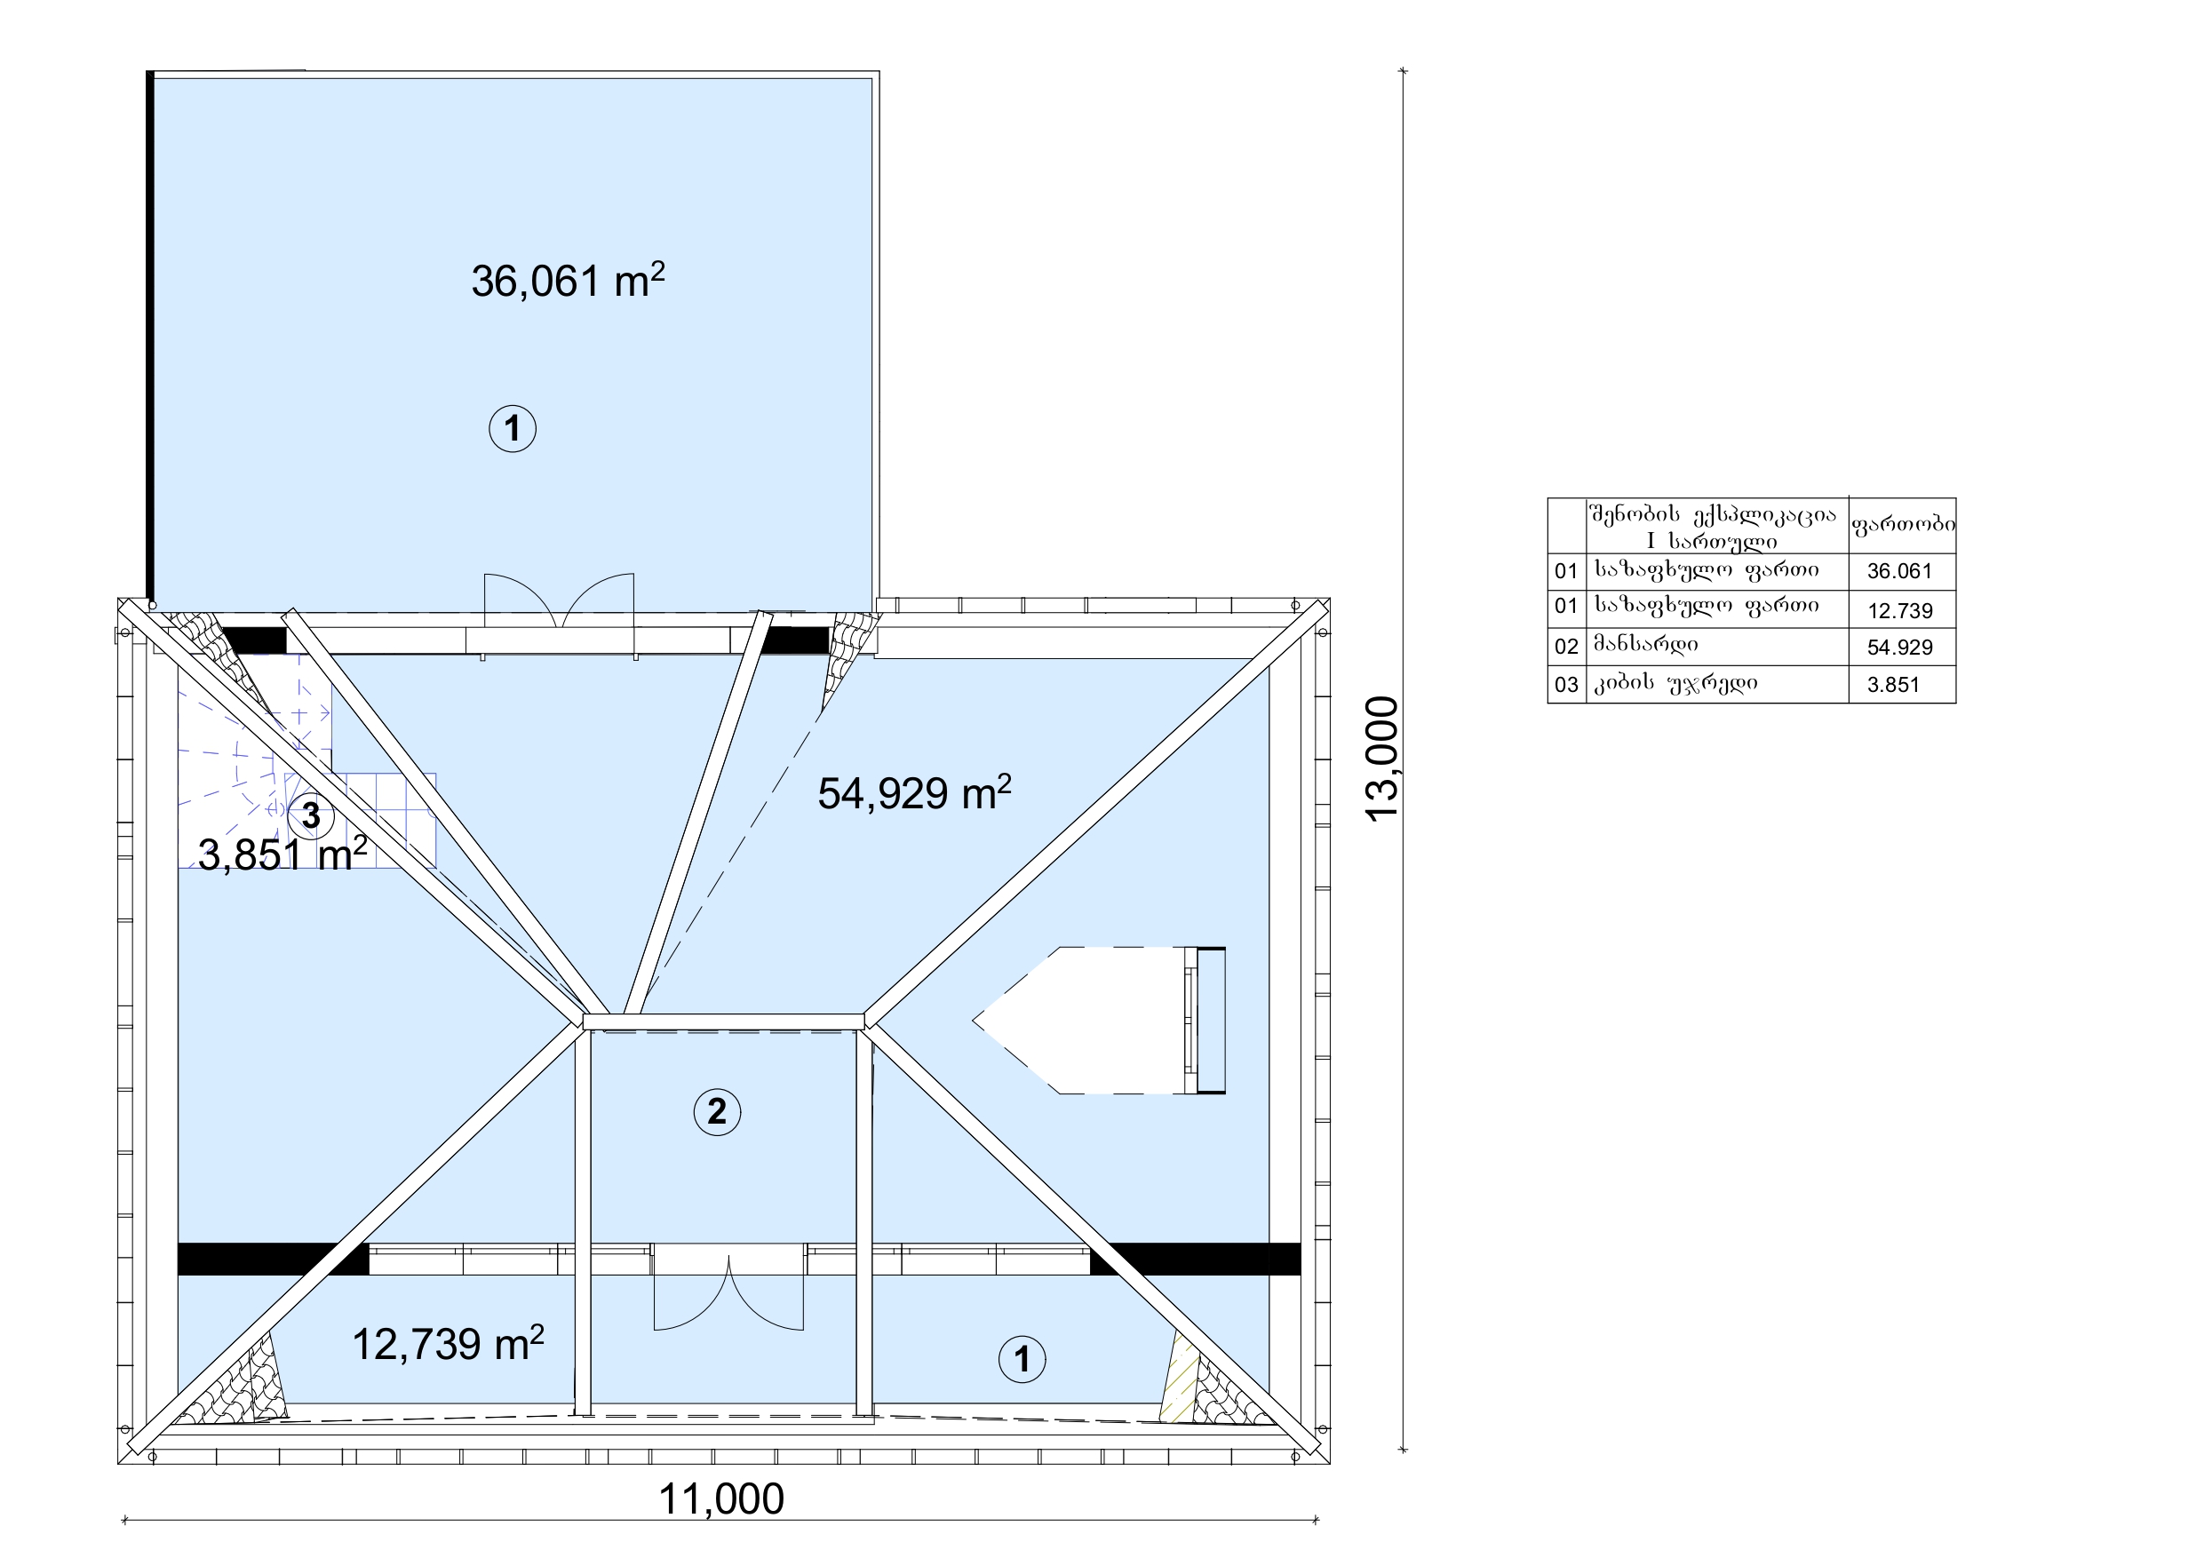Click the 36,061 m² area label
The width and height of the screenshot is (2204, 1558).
568,281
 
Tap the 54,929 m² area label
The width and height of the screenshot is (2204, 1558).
914,793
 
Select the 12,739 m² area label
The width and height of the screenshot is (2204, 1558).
449,1344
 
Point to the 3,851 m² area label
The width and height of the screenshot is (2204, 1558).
282,854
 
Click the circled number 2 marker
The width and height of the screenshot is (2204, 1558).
717,1111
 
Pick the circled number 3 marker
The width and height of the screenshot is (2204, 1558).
311,815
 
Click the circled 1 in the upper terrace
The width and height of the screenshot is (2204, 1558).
513,428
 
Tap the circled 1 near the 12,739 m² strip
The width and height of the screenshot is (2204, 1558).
1022,1359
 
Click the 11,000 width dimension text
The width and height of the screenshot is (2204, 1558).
721,1498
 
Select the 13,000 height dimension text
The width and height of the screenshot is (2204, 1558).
1382,759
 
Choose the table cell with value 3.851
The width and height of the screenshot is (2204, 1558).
1893,685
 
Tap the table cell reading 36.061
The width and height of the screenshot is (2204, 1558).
1899,571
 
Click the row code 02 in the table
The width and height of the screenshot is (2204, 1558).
1565,647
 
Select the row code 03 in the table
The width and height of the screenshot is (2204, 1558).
1565,685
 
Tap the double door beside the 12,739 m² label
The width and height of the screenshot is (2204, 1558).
728,1292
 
